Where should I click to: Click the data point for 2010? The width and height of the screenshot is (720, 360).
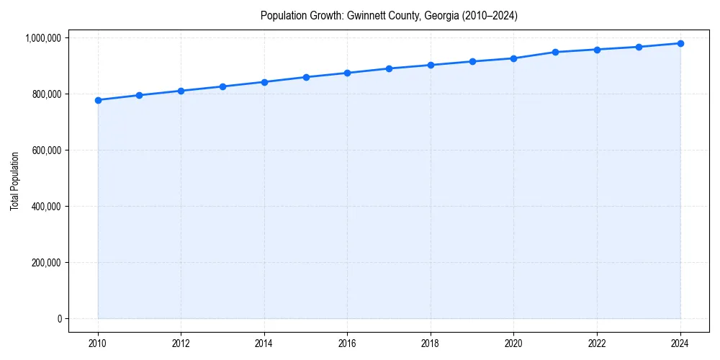click(98, 100)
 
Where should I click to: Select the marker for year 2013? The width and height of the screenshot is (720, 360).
click(222, 86)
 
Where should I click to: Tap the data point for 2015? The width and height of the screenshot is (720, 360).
click(306, 77)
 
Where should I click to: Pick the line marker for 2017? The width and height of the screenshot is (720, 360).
click(389, 68)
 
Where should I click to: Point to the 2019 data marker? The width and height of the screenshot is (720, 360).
click(472, 61)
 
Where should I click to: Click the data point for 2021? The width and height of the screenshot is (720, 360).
click(555, 52)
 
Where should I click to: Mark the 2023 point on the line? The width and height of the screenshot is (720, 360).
click(639, 47)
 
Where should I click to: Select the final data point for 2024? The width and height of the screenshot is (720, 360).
click(680, 43)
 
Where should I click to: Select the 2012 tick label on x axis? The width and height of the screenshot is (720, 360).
click(181, 343)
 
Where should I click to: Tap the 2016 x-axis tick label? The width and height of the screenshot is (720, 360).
click(347, 343)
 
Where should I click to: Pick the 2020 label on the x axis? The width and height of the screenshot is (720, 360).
click(513, 343)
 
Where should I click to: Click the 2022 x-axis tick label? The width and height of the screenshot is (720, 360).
click(597, 343)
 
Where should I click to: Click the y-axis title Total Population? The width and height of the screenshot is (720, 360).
click(14, 181)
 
